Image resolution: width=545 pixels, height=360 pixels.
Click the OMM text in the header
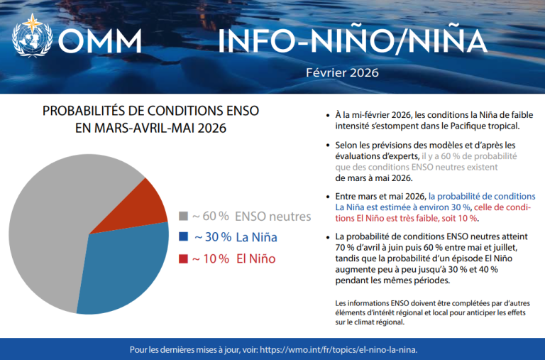point(99,40)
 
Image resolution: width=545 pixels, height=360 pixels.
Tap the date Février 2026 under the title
point(342,72)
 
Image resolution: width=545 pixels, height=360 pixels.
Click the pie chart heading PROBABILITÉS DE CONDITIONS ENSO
point(151,111)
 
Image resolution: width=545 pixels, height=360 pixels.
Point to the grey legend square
point(184,215)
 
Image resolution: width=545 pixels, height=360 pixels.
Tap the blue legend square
point(184,236)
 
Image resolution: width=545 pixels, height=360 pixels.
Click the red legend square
point(184,258)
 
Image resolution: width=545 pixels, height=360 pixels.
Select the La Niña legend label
point(257,236)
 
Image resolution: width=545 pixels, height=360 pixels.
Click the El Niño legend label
point(255,258)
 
